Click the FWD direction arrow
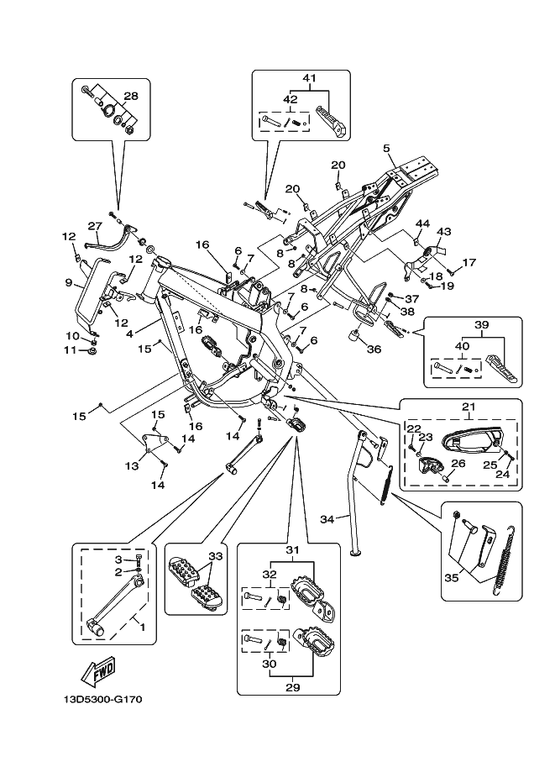[98, 670]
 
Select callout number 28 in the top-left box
[131, 95]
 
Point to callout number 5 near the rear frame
[387, 149]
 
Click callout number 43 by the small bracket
[443, 232]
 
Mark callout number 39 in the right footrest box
[481, 325]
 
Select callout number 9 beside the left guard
[69, 283]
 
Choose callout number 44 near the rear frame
[422, 224]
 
